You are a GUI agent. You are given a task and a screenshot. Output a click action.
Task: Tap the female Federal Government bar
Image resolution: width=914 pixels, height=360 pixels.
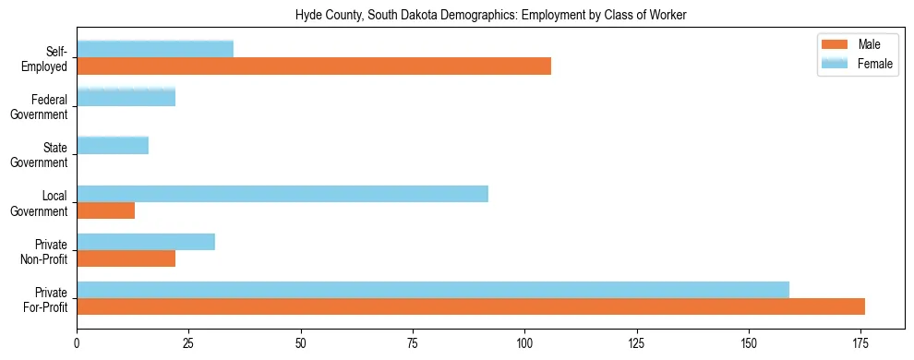(126, 97)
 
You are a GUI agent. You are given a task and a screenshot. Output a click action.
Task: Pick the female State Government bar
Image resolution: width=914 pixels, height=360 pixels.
(113, 145)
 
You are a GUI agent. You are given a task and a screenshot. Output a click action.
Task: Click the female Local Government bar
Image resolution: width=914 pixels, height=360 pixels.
(283, 194)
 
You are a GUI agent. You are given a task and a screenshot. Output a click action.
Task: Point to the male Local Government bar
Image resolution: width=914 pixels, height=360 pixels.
(105, 210)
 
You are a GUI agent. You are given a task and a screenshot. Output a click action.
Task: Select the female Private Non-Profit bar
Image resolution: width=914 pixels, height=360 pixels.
(146, 242)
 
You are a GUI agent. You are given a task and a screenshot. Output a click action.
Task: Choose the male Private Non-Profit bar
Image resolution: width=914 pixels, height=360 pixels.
(126, 258)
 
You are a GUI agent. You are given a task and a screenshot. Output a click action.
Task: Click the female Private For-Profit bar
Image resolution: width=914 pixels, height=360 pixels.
(433, 290)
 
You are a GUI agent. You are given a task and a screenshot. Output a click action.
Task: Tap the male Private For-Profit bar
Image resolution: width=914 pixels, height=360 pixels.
(471, 306)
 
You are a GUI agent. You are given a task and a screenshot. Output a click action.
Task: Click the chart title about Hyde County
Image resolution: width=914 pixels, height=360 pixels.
(490, 16)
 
